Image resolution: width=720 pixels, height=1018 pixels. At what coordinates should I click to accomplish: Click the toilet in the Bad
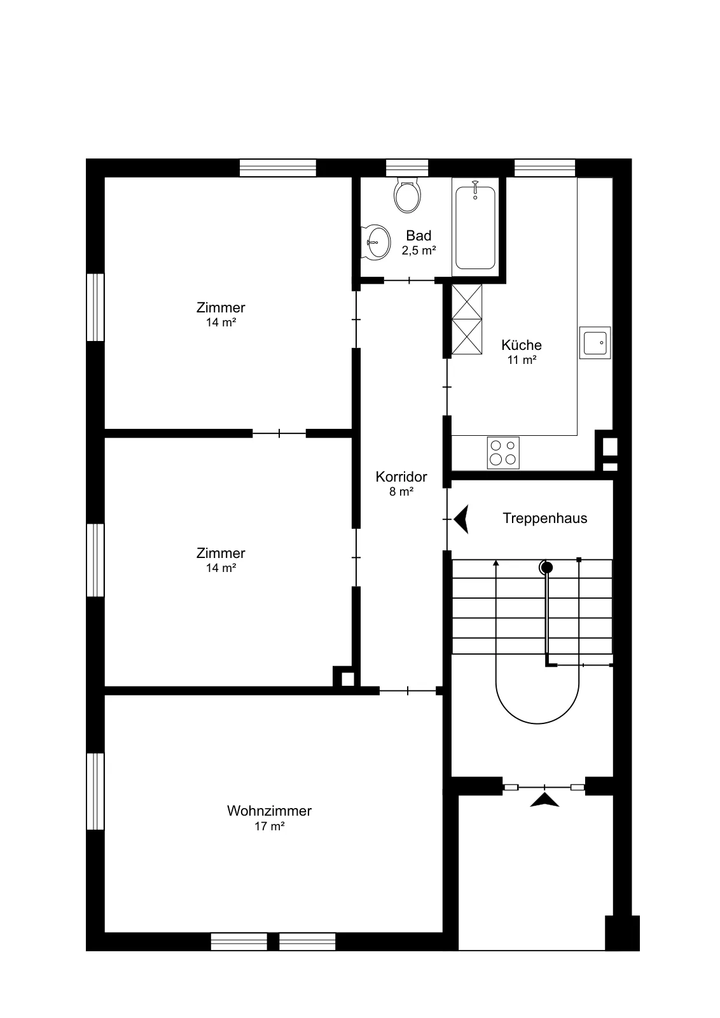(x=407, y=195)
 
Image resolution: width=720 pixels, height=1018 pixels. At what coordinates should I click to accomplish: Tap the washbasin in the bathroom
(x=376, y=242)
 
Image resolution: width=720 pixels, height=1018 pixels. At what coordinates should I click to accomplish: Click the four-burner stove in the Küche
(x=503, y=452)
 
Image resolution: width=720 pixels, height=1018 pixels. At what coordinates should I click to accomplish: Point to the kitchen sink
(x=595, y=343)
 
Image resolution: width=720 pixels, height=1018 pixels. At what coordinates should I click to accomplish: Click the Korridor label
(x=401, y=477)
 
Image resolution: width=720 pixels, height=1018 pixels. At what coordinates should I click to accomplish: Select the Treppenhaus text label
(x=544, y=518)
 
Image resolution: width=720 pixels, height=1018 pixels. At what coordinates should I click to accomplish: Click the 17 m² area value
(x=270, y=826)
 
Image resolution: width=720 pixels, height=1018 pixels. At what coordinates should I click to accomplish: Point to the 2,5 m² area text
(x=419, y=251)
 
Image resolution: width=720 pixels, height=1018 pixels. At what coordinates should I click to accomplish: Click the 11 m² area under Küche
(x=522, y=360)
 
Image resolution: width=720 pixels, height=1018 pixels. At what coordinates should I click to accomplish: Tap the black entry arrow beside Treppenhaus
(x=461, y=519)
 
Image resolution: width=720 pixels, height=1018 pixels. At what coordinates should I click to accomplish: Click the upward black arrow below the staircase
(x=544, y=799)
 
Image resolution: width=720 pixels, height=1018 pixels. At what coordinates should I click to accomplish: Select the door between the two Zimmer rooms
(x=279, y=433)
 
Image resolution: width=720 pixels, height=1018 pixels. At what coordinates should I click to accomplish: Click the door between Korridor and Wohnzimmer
(x=408, y=691)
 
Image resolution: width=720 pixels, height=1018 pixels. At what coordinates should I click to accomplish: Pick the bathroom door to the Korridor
(x=409, y=281)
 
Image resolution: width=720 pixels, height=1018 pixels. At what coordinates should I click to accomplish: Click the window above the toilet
(x=407, y=168)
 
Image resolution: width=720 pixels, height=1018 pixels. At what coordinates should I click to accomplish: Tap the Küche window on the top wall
(x=544, y=168)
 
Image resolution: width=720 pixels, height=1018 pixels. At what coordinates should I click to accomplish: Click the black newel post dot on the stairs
(x=547, y=568)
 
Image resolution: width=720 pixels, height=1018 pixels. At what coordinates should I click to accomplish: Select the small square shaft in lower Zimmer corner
(x=347, y=679)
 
